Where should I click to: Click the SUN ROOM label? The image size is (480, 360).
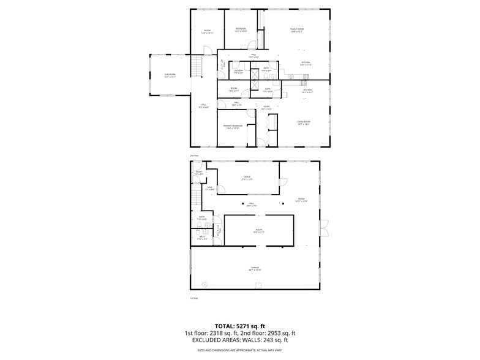[170, 75]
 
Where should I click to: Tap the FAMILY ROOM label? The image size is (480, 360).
[297, 29]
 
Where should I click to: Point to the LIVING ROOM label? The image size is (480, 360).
[303, 122]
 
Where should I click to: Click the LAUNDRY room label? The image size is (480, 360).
[238, 70]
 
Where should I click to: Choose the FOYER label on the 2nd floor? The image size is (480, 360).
[267, 108]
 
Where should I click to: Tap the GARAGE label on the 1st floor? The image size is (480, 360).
[254, 268]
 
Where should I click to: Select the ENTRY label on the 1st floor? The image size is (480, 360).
[199, 172]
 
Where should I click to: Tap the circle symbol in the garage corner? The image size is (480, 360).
[204, 283]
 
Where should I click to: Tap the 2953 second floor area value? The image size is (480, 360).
[268, 332]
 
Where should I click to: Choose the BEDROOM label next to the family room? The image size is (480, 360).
[241, 29]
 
